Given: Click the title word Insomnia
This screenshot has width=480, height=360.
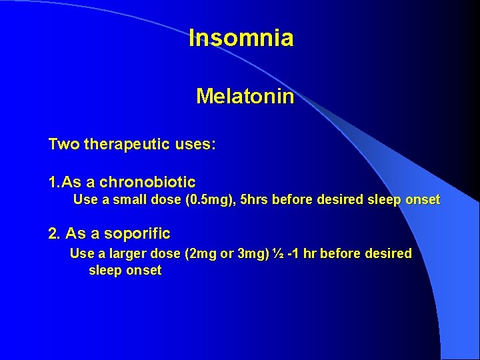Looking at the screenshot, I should pyautogui.click(x=241, y=38).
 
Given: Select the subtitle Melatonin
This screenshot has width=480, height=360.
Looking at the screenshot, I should pyautogui.click(x=245, y=97).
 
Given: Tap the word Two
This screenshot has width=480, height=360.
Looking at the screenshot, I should pyautogui.click(x=63, y=145).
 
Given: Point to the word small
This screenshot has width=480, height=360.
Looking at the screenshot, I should pyautogui.click(x=127, y=200).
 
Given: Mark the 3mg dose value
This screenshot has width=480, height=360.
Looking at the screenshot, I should pyautogui.click(x=253, y=254).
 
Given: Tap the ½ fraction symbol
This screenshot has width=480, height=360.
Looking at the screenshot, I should pyautogui.click(x=278, y=254).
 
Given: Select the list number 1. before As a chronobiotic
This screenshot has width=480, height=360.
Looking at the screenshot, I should pyautogui.click(x=55, y=182).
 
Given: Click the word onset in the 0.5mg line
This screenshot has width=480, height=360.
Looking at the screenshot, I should pyautogui.click(x=422, y=200).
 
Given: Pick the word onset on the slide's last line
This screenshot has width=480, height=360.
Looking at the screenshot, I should pyautogui.click(x=143, y=271).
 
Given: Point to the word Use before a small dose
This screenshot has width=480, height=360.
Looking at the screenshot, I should pyautogui.click(x=85, y=200).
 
